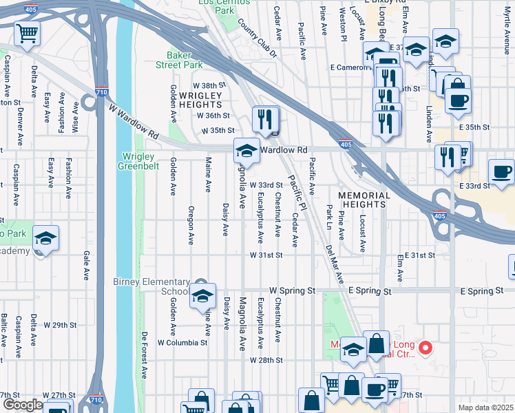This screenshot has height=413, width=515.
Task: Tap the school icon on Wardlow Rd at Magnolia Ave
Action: pos(246,151)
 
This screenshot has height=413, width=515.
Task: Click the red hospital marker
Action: pos(425,348)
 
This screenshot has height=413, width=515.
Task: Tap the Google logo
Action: pos(22,405)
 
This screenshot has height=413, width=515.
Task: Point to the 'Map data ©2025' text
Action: pos(485,407)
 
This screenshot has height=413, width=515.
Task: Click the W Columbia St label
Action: pos(182,342)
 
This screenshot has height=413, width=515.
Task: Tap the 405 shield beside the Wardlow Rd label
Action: pos(344,143)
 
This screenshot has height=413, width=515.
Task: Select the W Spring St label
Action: pos(291,291)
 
